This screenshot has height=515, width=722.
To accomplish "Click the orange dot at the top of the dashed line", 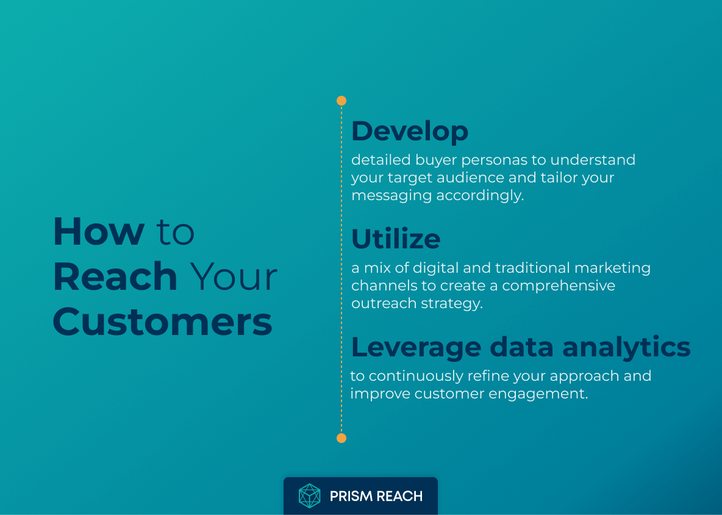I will [x=341, y=101].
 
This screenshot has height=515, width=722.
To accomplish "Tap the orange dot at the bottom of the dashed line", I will [x=341, y=438].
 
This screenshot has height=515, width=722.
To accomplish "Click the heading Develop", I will [x=410, y=131].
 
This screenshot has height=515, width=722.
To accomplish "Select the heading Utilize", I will [x=396, y=239].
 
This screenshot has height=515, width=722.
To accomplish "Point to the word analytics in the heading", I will [x=626, y=347].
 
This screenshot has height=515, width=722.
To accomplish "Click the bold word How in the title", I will [x=99, y=232].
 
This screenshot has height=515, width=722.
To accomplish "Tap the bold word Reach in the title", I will [x=115, y=276].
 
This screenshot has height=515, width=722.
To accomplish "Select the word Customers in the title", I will [x=162, y=322].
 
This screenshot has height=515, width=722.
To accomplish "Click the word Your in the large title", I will [x=234, y=276].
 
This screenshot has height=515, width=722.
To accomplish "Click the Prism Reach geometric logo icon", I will [x=310, y=496].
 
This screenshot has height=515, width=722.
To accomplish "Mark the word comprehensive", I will [x=559, y=286].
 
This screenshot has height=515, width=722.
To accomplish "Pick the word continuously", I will [x=416, y=376].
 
